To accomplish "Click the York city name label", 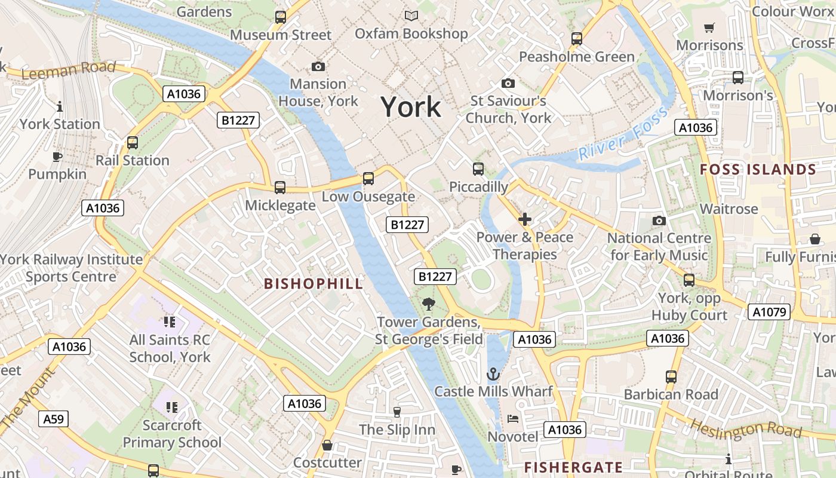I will (x=411, y=108).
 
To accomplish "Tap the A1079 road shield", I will (x=770, y=312).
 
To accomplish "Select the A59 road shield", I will (x=53, y=419).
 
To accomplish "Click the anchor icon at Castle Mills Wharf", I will (x=493, y=375).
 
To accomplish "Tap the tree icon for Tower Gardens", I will (x=428, y=305).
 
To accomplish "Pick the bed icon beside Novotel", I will (x=512, y=419).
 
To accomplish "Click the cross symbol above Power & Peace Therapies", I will (x=525, y=220).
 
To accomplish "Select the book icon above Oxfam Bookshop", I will (x=411, y=16).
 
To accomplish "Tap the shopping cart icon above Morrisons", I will (x=709, y=27).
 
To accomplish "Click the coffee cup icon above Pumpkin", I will (x=57, y=157).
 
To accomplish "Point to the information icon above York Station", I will (x=60, y=107).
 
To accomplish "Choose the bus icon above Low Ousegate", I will (x=368, y=179).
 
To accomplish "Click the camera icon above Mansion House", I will (x=318, y=66).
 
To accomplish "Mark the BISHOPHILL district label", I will (x=314, y=284).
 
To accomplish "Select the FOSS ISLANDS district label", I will (x=758, y=170).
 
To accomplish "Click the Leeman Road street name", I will (x=69, y=70).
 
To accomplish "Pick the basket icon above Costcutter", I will (x=327, y=445).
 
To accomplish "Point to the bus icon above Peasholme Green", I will (x=577, y=39).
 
